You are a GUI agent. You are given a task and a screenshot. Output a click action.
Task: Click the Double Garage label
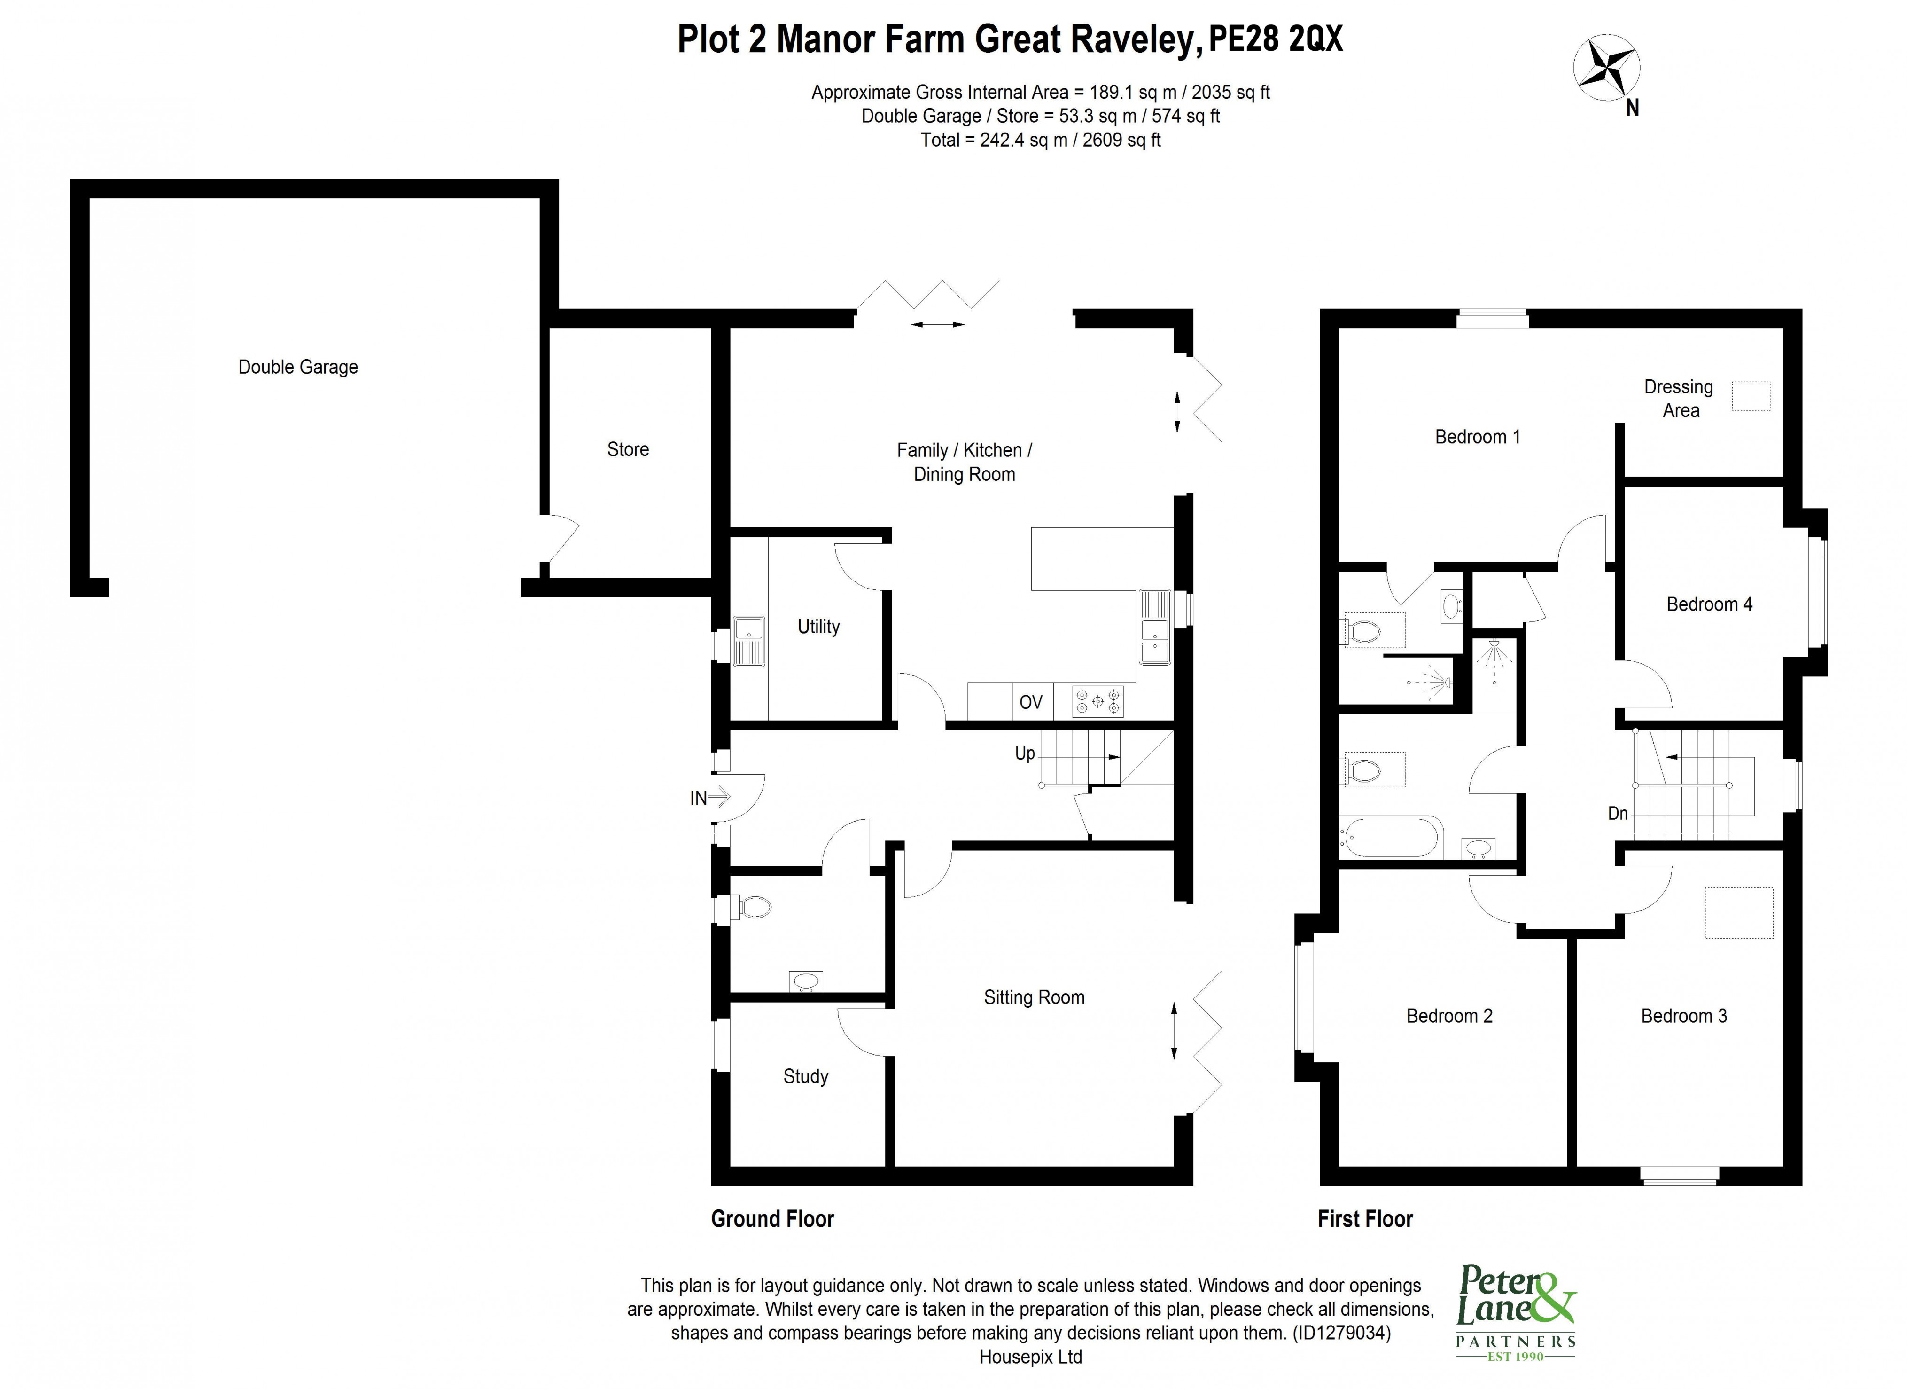coord(298,367)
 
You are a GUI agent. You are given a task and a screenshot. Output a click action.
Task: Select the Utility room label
coord(818,626)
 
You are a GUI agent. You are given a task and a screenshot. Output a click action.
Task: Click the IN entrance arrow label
coord(708,797)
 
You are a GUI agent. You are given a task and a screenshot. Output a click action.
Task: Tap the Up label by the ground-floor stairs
coord(1024,753)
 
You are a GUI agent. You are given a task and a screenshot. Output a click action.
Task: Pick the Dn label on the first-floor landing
coord(1617,814)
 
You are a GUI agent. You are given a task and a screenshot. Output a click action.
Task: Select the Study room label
coord(806,1076)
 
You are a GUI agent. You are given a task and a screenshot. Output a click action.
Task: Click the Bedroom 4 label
coord(1709,604)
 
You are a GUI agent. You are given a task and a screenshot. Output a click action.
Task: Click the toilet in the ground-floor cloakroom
coord(754,907)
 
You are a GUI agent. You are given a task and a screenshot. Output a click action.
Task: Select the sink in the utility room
coord(748,641)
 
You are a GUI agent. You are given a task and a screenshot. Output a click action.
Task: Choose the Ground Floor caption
coord(772,1219)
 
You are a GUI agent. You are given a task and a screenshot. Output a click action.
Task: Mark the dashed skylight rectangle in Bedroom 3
coord(1738,913)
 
